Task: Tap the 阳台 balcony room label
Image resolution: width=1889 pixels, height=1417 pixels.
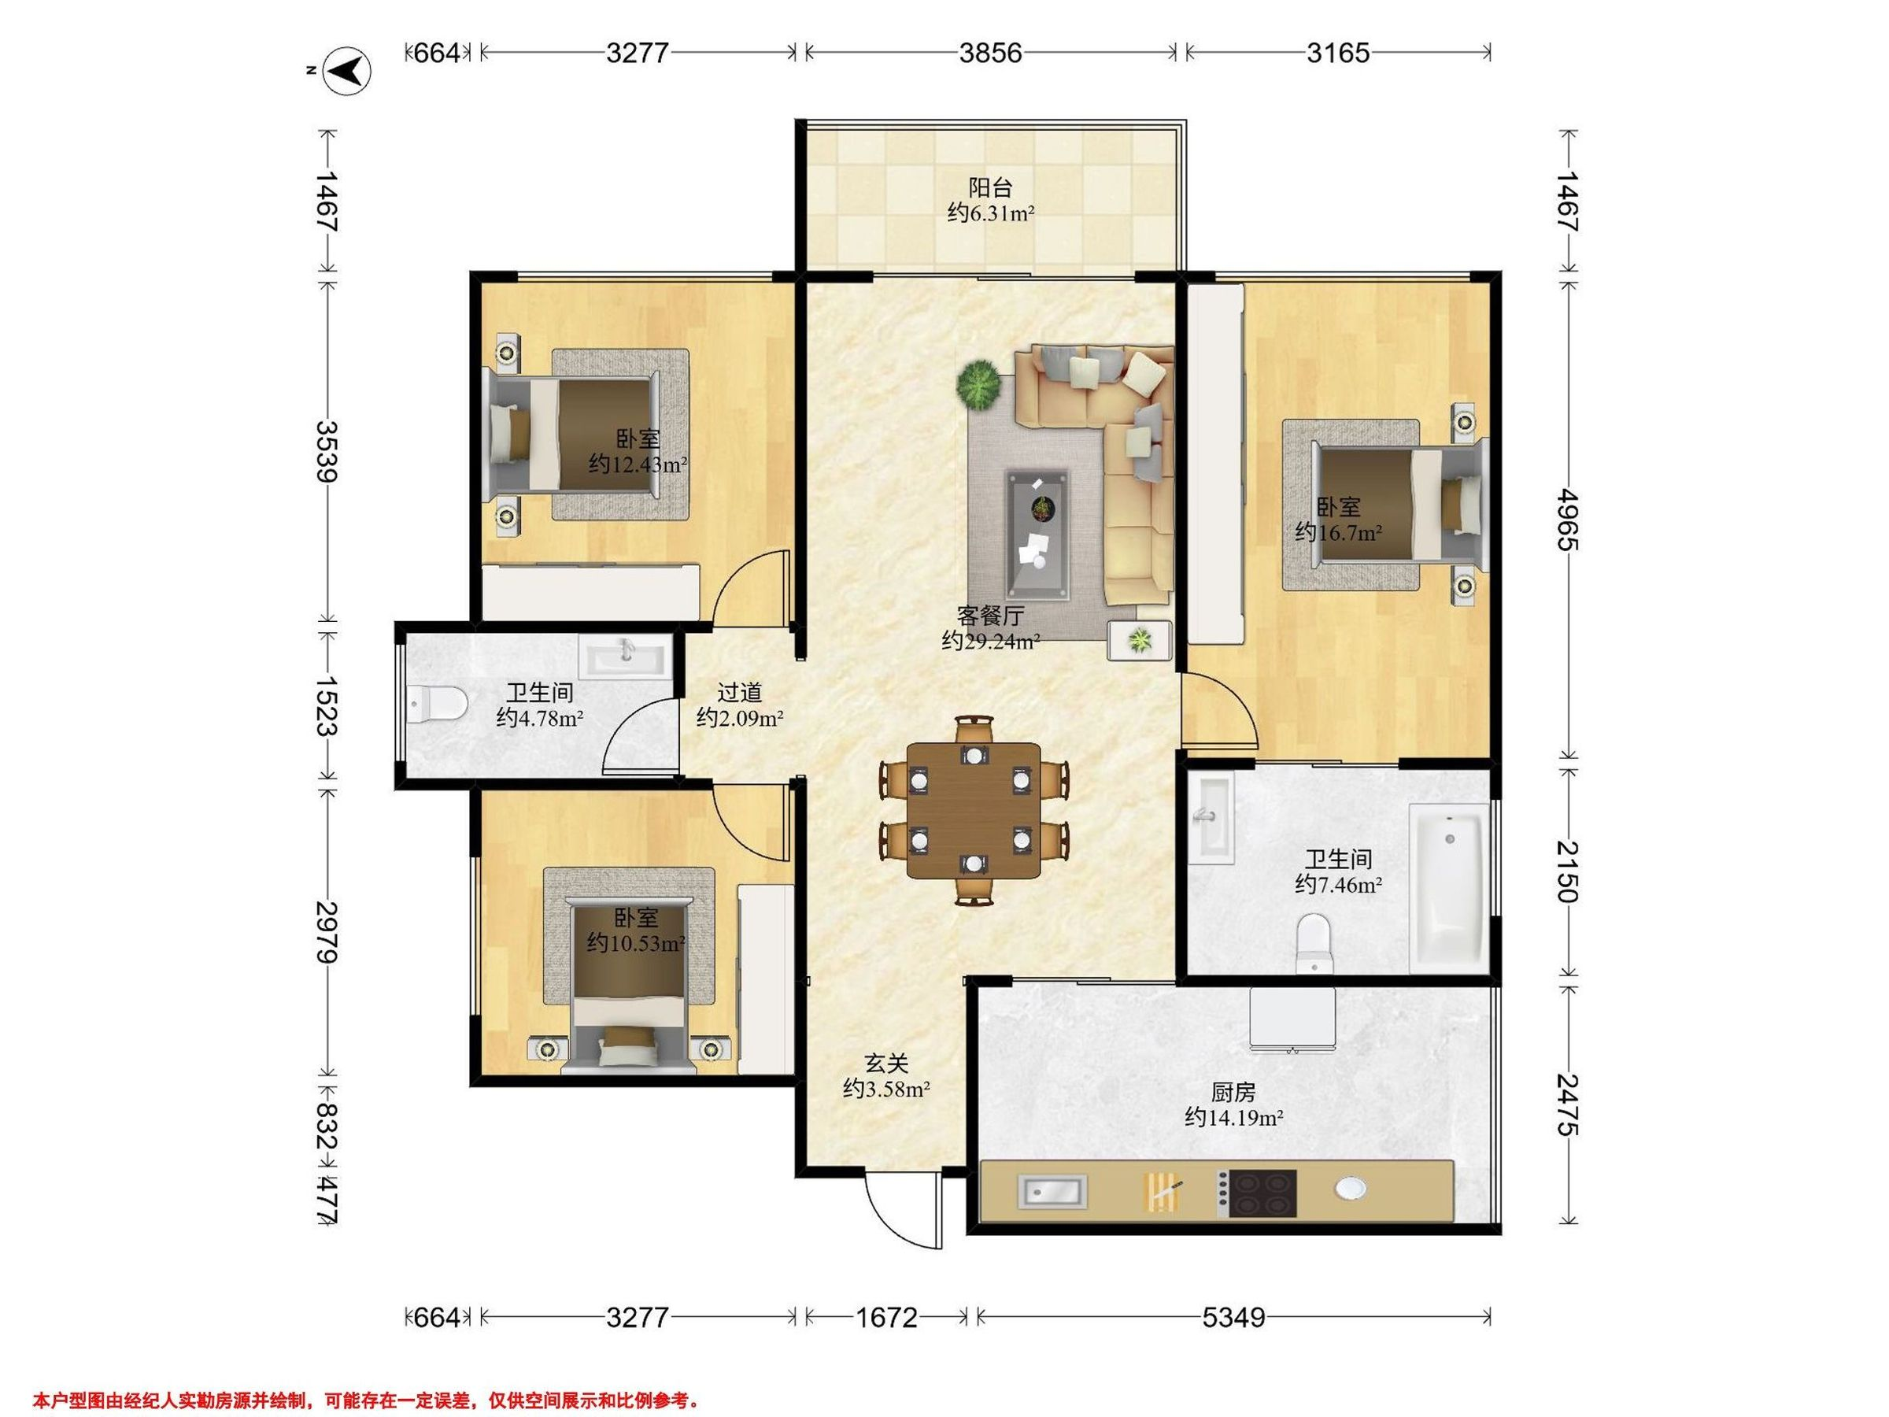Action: [x=990, y=187]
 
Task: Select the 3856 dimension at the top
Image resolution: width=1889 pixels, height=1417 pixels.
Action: [x=990, y=53]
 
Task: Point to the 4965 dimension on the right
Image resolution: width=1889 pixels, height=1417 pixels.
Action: [x=1568, y=520]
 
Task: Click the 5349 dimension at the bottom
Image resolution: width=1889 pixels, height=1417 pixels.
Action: [x=1233, y=1318]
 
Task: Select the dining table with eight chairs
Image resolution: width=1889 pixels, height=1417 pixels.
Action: [x=974, y=810]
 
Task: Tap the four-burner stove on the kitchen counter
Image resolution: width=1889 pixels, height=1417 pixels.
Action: [x=1256, y=1193]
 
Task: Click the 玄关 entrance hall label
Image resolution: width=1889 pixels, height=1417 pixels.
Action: [x=885, y=1063]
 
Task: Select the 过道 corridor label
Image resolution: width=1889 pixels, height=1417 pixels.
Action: [x=740, y=692]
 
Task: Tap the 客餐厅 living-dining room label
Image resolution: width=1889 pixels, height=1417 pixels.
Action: [x=990, y=615]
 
